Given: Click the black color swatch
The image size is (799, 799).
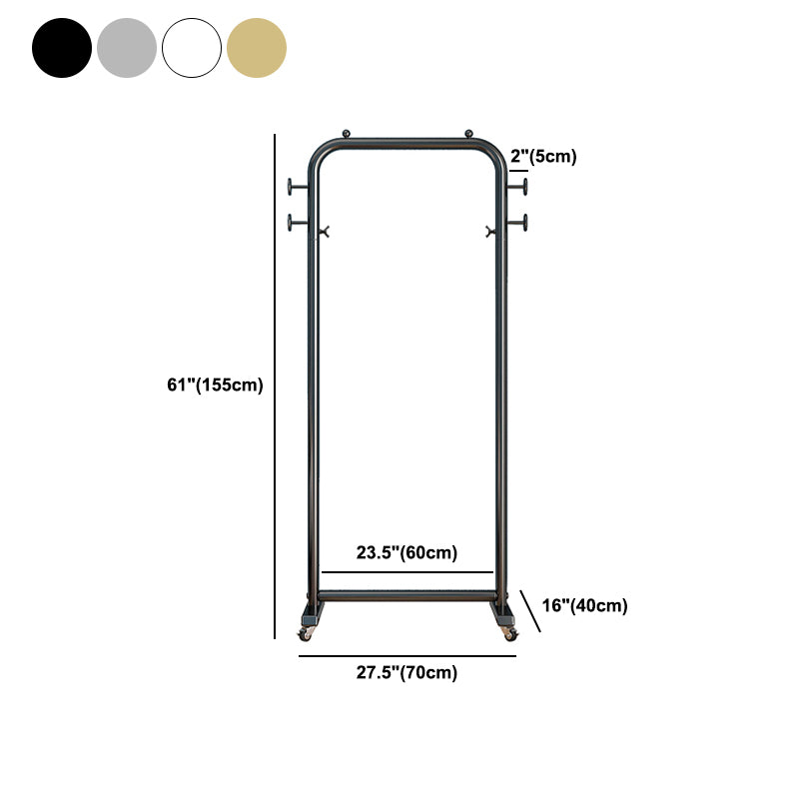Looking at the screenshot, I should tap(62, 47).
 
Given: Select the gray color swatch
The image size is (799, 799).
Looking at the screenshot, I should tap(127, 47).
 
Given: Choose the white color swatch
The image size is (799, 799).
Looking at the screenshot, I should tap(192, 47).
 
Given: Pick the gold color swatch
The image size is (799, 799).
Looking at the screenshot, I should tap(257, 47).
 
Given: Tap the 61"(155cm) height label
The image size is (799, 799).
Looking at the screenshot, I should tap(216, 386).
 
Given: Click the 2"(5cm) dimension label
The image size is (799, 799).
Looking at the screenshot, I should tap(543, 156).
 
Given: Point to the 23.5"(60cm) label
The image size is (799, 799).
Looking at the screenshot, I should tap(407, 553).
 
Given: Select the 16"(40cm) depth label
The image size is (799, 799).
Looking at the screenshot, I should tap(584, 605).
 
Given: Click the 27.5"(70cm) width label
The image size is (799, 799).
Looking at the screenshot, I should tap(407, 673).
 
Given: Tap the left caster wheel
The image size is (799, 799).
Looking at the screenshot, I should tap(306, 634).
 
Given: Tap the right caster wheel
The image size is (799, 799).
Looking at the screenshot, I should tap(509, 634).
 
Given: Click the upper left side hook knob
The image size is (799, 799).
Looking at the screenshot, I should tap(291, 186).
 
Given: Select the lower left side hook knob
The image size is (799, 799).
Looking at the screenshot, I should tap(291, 222).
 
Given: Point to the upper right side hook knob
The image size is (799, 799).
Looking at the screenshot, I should tap(524, 186).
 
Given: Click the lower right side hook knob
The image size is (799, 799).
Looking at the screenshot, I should tap(524, 222).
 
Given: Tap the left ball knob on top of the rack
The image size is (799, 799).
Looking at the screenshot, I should tap(347, 132).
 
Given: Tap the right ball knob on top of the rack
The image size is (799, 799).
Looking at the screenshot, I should tap(468, 132).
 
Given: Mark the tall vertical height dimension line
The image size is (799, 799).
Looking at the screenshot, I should tap(275, 386).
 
